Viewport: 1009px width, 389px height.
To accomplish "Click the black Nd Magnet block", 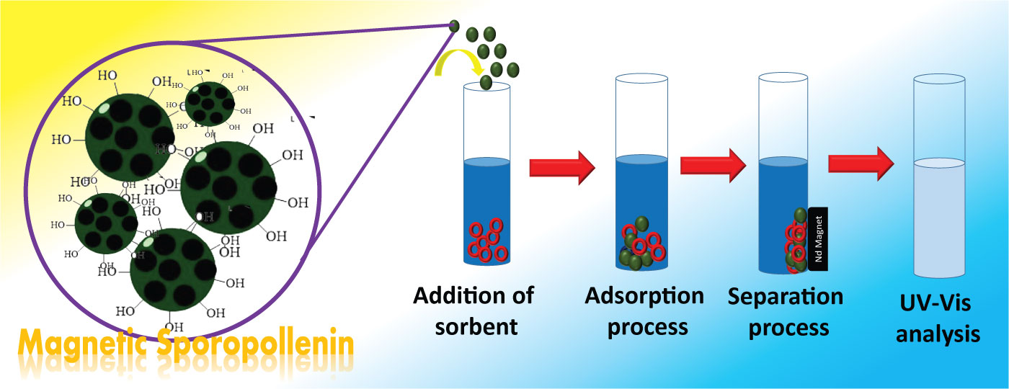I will coord(817,238).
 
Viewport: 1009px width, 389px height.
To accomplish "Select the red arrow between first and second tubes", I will coord(561,168).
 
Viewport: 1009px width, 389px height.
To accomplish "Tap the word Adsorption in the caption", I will coord(644,295).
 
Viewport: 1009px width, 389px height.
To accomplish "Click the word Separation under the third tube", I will coord(785,296).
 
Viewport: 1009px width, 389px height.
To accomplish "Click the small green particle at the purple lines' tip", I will coord(454,26).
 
